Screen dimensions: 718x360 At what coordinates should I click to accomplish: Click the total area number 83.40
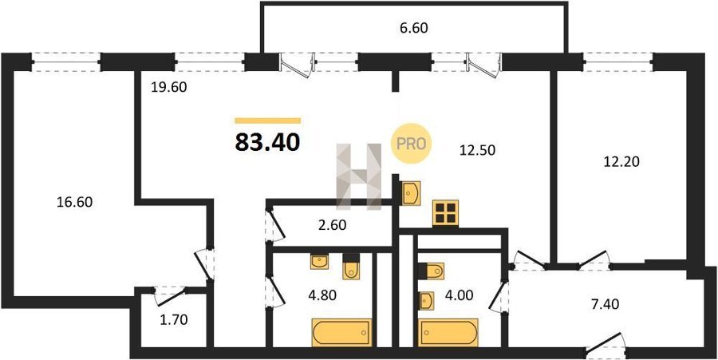268,142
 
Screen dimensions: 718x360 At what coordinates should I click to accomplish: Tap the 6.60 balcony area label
413,29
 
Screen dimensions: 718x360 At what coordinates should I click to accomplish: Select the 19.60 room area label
169,87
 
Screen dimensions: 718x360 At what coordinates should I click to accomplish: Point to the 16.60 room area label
75,202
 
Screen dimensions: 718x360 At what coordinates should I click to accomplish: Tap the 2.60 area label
332,225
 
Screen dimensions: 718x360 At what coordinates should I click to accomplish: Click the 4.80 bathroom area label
322,295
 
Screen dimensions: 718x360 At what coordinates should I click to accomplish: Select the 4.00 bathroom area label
459,295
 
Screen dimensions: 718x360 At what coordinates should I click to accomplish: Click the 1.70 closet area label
173,320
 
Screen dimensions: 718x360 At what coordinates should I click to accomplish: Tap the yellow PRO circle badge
411,144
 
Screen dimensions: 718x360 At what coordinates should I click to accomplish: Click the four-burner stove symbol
445,213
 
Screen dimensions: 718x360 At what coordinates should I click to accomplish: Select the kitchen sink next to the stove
411,193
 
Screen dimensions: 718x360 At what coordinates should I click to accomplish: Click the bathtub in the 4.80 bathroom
341,332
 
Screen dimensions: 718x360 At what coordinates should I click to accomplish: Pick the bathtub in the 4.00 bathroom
448,332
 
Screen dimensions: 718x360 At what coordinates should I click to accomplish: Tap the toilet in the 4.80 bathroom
351,267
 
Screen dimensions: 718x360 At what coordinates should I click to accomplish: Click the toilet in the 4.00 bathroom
431,271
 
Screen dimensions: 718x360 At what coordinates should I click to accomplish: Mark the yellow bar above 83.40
268,121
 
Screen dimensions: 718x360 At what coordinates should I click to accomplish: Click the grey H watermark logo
359,176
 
